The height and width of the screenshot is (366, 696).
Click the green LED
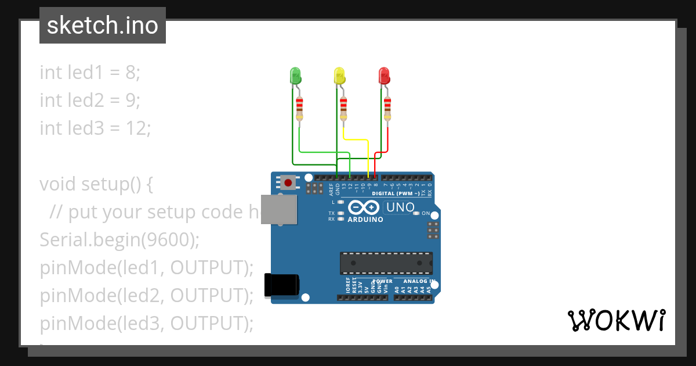click(x=295, y=76)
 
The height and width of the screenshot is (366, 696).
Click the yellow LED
click(x=340, y=76)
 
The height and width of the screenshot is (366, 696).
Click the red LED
click(x=384, y=76)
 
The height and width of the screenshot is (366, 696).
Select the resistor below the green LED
click(x=299, y=108)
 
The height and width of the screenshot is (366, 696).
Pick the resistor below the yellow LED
click(x=343, y=108)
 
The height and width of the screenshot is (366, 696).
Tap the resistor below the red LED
click(x=387, y=108)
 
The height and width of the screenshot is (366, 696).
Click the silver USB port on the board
click(x=280, y=209)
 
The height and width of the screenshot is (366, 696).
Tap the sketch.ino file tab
click(x=103, y=26)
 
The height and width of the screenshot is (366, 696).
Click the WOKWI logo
click(x=615, y=321)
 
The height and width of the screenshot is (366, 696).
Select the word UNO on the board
click(x=400, y=207)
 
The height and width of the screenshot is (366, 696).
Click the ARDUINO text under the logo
click(x=365, y=220)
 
